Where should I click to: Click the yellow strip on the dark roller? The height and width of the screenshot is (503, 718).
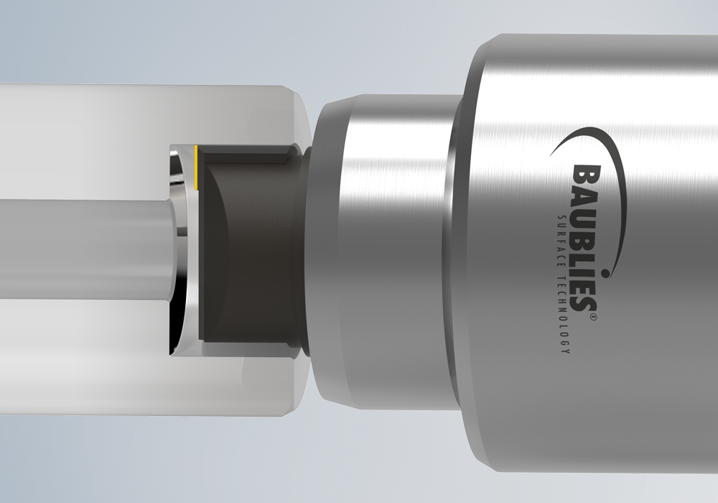pyautogui.click(x=196, y=167)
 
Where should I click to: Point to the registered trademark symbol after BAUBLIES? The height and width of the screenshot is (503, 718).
pyautogui.click(x=594, y=316)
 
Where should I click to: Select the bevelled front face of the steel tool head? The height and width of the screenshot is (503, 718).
pyautogui.click(x=327, y=251)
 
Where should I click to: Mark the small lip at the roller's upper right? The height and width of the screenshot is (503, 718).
pyautogui.click(x=293, y=151)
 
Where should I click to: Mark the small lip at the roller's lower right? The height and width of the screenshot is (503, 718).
pyautogui.click(x=293, y=351)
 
